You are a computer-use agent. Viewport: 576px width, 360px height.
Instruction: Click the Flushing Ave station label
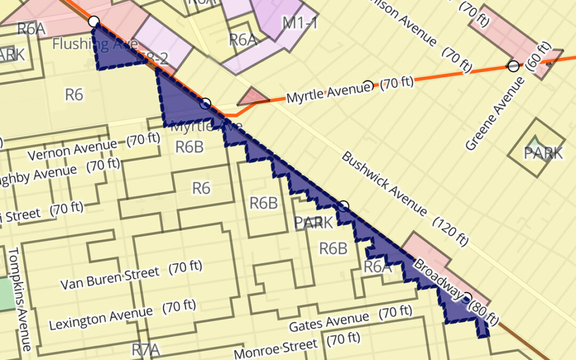88,44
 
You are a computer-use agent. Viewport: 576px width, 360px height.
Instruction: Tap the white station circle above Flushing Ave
93,21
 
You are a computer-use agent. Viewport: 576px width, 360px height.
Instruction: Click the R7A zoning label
146,350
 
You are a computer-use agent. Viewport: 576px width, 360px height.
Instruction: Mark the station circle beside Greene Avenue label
513,66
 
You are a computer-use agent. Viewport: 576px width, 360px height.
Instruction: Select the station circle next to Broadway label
467,297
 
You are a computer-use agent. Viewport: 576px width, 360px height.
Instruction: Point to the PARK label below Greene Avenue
543,153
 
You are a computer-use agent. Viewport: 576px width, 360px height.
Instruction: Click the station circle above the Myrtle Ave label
206,103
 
